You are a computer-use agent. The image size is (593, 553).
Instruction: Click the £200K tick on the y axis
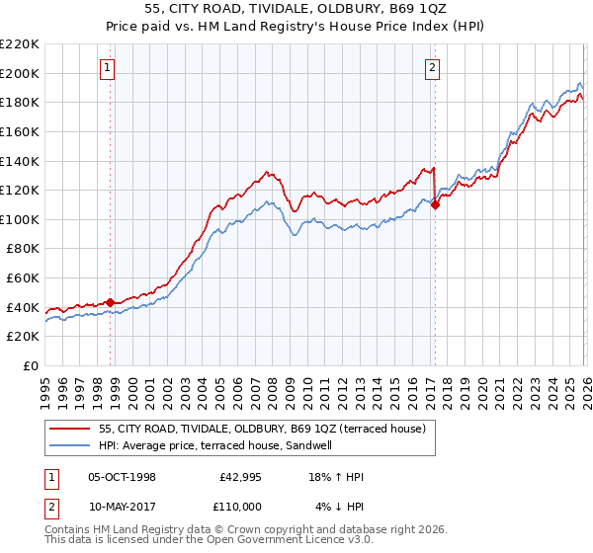[x=20, y=73]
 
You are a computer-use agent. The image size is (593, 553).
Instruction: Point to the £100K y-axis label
[x=20, y=219]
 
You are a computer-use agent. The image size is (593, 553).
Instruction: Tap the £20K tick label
[x=23, y=337]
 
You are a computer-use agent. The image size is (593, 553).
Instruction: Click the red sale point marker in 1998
[x=111, y=302]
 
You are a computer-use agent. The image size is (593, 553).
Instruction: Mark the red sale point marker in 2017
[x=435, y=204]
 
